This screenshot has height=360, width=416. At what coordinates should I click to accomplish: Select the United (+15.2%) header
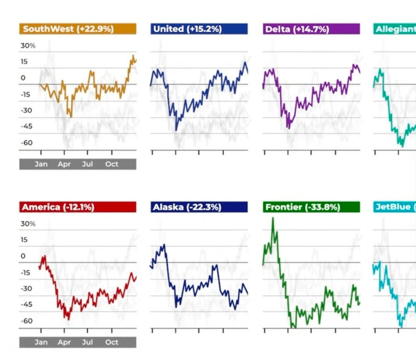coord(199,29)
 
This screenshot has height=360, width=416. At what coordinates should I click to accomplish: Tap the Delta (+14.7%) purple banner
coord(311,29)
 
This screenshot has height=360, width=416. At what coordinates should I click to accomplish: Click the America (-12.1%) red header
coord(77,207)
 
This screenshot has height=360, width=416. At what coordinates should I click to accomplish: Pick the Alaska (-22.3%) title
coord(199,207)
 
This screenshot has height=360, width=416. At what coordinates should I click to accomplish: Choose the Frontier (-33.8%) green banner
coord(311,207)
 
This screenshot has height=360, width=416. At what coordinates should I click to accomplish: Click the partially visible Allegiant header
coord(394,29)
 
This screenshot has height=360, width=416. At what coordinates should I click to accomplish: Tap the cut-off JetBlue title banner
coord(394,207)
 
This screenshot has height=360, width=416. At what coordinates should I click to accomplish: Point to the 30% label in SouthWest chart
coord(28,46)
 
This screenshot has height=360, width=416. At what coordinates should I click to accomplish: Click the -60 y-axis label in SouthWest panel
coord(26,143)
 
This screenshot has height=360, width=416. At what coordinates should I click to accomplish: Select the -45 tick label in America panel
coord(26,305)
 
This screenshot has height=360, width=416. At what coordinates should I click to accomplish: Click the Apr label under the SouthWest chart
coord(64,164)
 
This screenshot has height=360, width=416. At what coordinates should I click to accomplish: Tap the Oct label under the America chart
coord(112,343)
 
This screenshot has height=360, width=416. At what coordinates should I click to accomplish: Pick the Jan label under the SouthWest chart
coord(41,164)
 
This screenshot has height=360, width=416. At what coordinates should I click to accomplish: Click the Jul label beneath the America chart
coord(87,343)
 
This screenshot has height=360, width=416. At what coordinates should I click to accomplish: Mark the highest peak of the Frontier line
coord(273,218)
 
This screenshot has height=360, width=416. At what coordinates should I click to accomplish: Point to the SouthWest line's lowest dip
coord(71,116)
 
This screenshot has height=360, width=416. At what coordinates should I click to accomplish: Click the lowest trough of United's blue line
coord(177,130)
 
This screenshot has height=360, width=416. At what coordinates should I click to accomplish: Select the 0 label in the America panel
coord(23,256)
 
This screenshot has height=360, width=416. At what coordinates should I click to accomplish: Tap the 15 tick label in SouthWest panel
coord(24,62)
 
